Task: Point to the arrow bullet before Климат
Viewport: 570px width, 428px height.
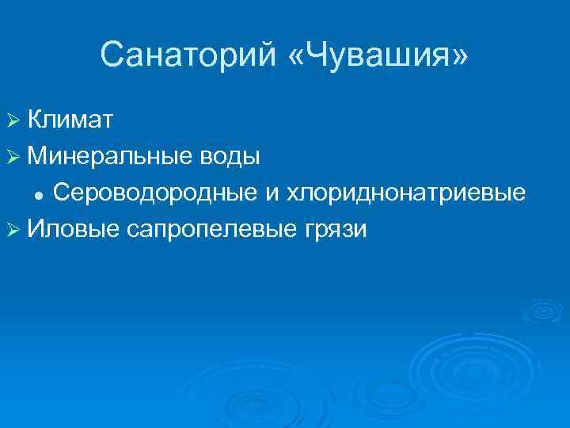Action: tap(13, 120)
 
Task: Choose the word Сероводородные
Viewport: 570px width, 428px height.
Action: tap(151, 193)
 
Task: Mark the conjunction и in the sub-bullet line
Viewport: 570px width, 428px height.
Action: tap(268, 193)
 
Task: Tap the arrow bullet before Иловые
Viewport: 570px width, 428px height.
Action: tap(13, 230)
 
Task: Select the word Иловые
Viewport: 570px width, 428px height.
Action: tap(71, 229)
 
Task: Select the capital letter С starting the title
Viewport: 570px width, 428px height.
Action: tap(112, 55)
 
